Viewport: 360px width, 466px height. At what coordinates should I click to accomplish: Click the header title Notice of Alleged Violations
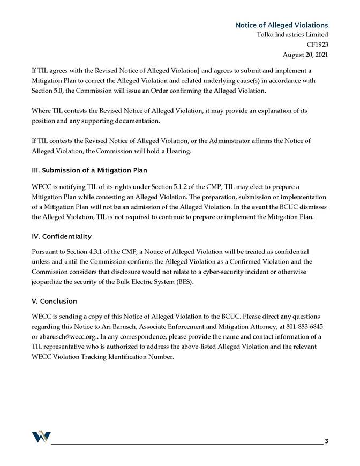[282, 25]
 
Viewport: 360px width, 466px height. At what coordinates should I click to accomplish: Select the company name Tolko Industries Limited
[291, 35]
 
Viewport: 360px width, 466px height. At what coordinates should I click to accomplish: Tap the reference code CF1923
[317, 44]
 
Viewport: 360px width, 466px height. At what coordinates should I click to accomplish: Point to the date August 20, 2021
[305, 54]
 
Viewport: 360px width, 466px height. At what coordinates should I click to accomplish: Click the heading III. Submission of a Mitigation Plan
[89, 170]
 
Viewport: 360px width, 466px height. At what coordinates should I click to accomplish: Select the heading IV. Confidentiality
[62, 236]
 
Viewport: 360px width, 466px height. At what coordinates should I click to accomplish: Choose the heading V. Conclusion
[54, 301]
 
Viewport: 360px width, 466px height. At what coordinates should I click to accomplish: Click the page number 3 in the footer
[326, 441]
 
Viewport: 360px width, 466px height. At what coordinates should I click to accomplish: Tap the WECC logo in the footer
[41, 437]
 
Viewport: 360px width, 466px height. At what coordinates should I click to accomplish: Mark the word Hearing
[178, 151]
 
